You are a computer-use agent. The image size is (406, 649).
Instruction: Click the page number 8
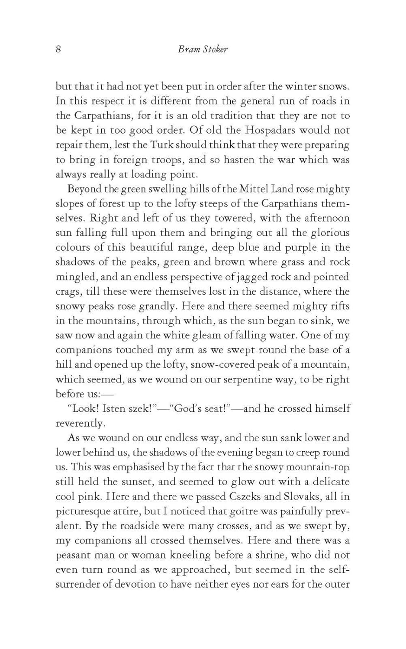point(58,49)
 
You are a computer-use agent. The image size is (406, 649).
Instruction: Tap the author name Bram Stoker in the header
point(202,49)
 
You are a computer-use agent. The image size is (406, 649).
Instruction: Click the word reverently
point(80,423)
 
